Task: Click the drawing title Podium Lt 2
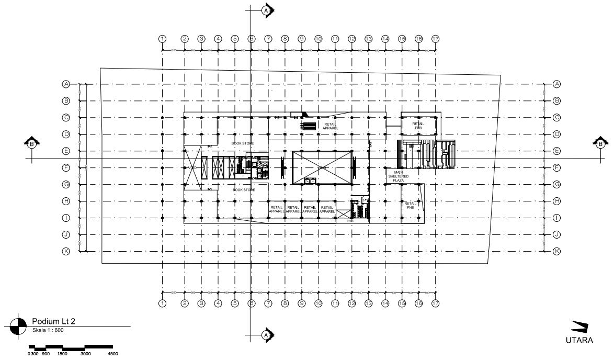[55, 321]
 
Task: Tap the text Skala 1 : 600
[48, 330]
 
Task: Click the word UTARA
[578, 340]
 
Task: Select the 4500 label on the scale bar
[112, 354]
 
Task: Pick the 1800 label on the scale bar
[62, 354]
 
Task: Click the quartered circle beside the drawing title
[18, 325]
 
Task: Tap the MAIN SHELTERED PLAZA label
[399, 176]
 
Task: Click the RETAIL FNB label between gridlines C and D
[418, 125]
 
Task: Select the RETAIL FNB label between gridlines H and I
[411, 205]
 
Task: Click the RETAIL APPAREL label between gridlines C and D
[331, 126]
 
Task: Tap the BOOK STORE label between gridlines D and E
[243, 142]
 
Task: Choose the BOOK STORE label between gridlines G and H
[243, 189]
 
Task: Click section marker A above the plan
[267, 10]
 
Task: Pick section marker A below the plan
[267, 334]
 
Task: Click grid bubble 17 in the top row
[435, 39]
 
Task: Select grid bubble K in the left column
[66, 251]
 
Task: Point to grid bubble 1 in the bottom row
[163, 303]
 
